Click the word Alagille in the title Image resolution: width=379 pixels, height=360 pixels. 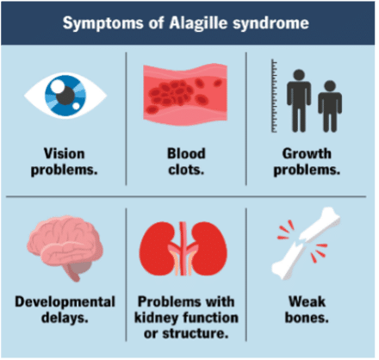pyautogui.click(x=198, y=23)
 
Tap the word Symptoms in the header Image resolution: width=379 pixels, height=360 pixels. pyautogui.click(x=103, y=24)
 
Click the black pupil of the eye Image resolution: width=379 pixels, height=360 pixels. pyautogui.click(x=65, y=96)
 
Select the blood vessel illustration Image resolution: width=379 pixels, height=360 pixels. pyautogui.click(x=185, y=95)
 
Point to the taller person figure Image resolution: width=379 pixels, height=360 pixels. pyautogui.click(x=299, y=101)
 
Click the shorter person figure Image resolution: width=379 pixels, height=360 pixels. pyautogui.click(x=330, y=106)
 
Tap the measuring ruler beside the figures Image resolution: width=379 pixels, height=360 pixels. pyautogui.click(x=274, y=96)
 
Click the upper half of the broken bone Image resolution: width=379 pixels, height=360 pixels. pyautogui.click(x=320, y=225)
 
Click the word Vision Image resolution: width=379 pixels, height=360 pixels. pyautogui.click(x=64, y=153)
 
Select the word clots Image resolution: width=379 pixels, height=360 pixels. pyautogui.click(x=186, y=170)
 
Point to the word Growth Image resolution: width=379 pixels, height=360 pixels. pyautogui.click(x=307, y=153)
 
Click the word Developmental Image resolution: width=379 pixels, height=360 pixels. pyautogui.click(x=65, y=302)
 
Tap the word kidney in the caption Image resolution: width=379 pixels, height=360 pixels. pyautogui.click(x=157, y=318)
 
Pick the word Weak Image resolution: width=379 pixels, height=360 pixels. pyautogui.click(x=307, y=301)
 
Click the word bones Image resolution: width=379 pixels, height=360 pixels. pyautogui.click(x=307, y=318)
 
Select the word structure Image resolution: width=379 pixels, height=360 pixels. pyautogui.click(x=196, y=333)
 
